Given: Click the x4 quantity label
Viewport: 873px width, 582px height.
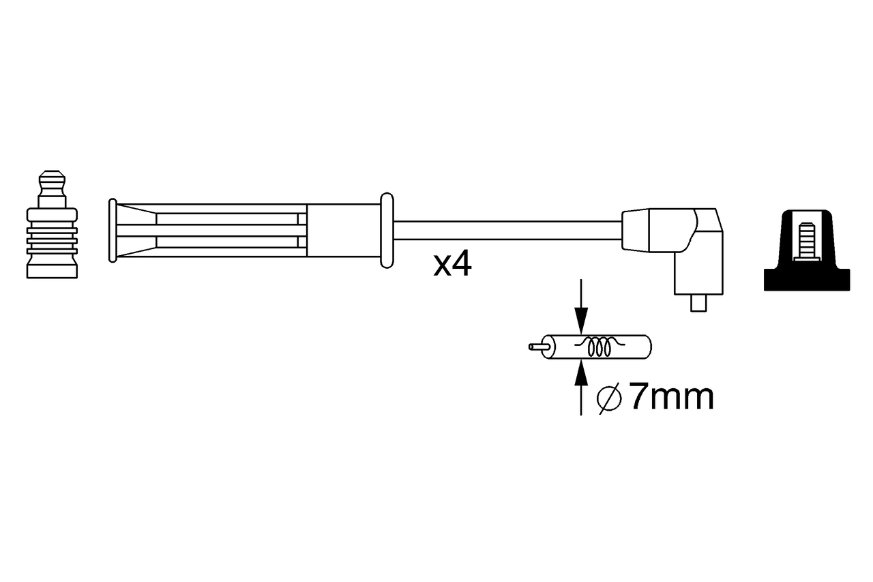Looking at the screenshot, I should pos(452,265).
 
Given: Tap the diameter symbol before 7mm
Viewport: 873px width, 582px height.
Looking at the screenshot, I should pos(608,398).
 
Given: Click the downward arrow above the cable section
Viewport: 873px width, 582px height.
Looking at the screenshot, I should pos(580,307).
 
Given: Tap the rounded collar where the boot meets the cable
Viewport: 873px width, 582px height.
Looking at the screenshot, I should pos(386,230).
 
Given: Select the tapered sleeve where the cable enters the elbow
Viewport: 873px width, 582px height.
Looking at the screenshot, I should pos(634,230).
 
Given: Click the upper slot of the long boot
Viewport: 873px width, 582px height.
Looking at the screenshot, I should pos(228,218).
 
